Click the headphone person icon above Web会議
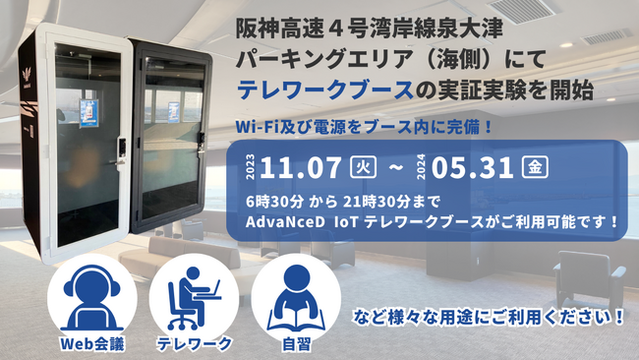tap(92, 298)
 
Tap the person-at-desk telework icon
tap(194, 298)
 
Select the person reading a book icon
tap(296, 299)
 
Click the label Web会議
tap(92, 344)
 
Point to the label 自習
tap(297, 344)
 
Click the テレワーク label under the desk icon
tap(194, 344)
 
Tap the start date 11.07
tap(301, 168)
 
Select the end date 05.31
tap(472, 168)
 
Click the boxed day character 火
tap(363, 167)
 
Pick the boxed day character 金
tap(535, 167)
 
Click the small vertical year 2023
tap(251, 167)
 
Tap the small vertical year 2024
tap(422, 167)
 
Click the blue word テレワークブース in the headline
tap(325, 90)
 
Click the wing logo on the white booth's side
tap(28, 77)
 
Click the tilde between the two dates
tap(396, 167)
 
